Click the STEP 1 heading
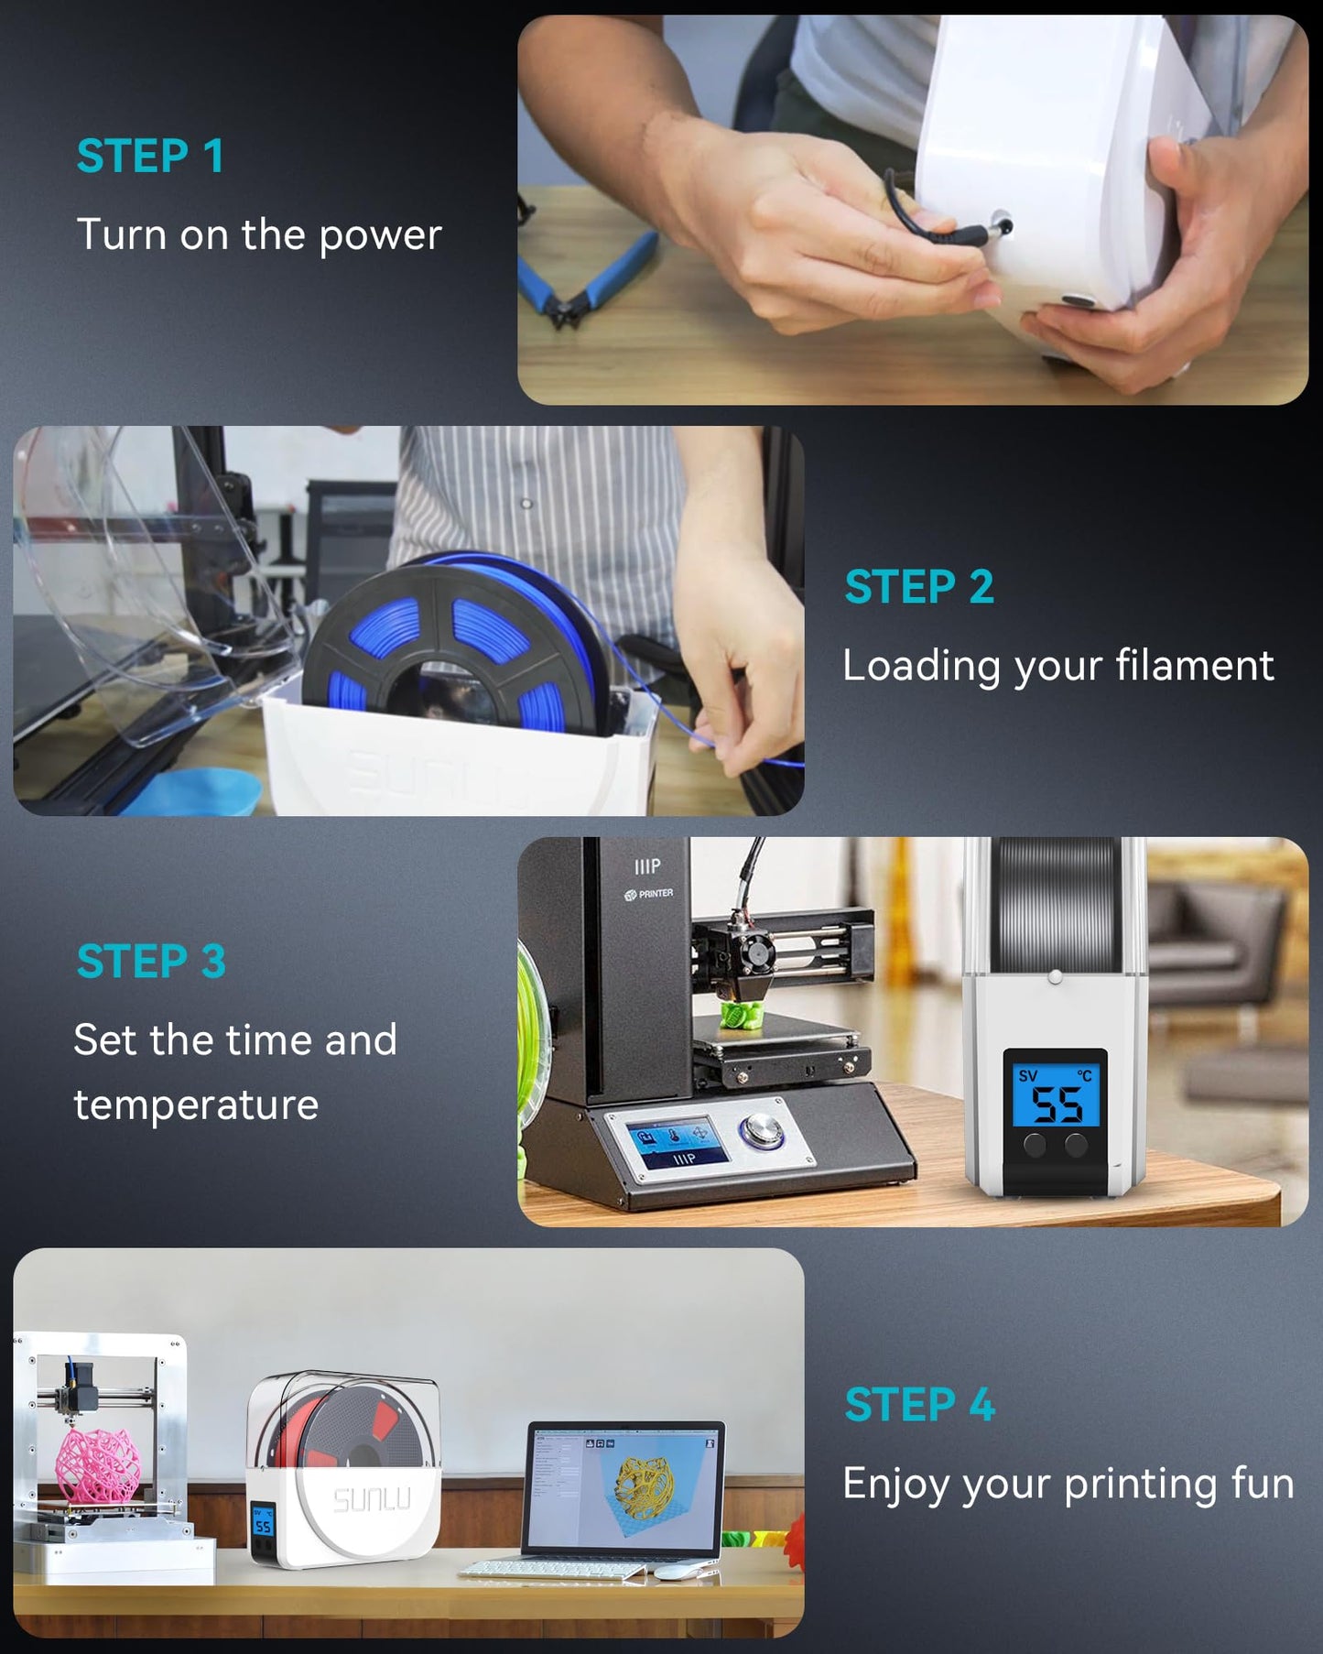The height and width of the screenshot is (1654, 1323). [x=150, y=156]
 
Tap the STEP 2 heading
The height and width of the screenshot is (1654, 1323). [x=919, y=587]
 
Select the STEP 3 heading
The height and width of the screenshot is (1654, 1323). [x=151, y=962]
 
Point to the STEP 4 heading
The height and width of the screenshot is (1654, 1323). [x=919, y=1405]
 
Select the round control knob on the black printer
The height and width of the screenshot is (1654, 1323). [x=762, y=1131]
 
